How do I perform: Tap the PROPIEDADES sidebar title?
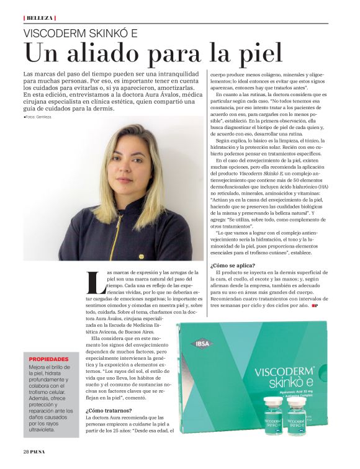[49, 359]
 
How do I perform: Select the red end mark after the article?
[315, 306]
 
